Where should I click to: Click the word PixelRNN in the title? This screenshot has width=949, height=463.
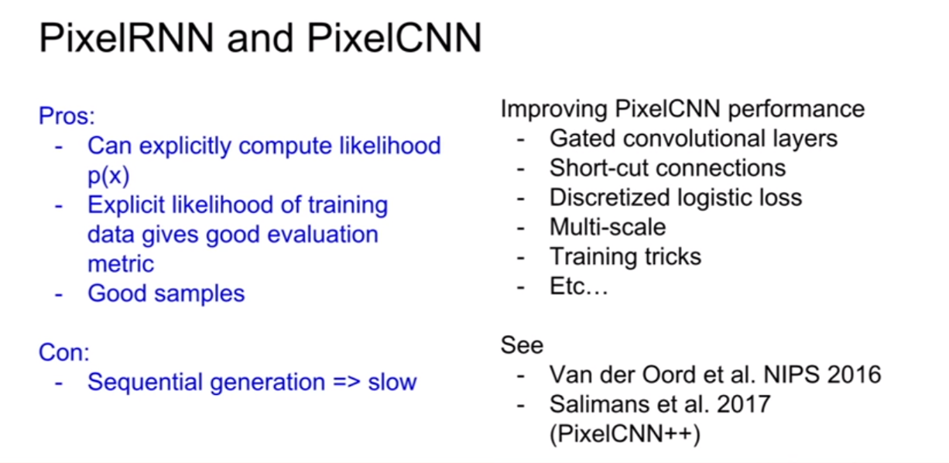point(126,38)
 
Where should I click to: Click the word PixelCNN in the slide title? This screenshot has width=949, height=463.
point(395,38)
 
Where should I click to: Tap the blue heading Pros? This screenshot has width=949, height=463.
point(67,115)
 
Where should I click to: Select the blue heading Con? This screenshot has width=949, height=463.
point(64,352)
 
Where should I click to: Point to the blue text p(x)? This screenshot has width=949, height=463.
point(108,176)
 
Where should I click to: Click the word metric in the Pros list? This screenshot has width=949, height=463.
point(121,264)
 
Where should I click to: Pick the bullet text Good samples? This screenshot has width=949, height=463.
point(166,293)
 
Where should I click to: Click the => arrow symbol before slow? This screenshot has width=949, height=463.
point(347,382)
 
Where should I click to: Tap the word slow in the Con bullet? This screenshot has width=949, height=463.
point(392,382)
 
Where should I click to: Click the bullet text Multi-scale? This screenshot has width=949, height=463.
point(608,227)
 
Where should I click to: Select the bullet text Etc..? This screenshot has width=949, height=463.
point(579,286)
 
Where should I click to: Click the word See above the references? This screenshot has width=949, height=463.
point(522,345)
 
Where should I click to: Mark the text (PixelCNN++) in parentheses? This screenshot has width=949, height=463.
point(625,434)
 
